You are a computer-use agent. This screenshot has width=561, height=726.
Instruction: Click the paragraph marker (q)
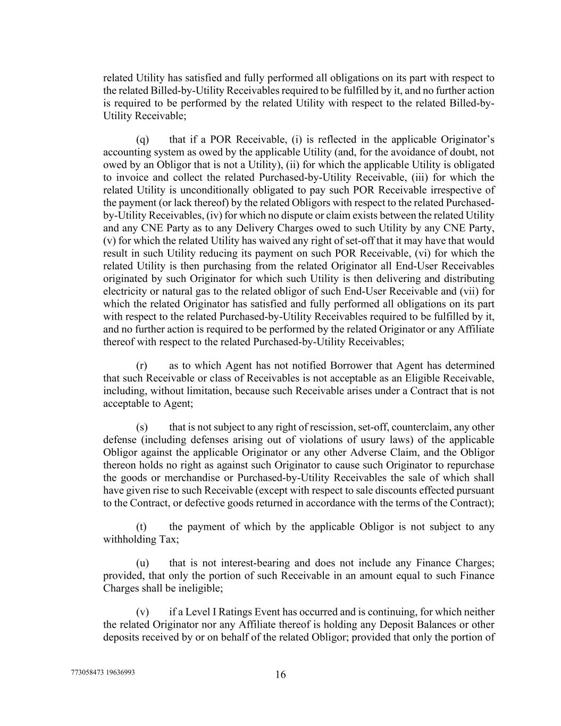click(x=142, y=140)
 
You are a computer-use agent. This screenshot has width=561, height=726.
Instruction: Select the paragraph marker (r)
click(x=141, y=365)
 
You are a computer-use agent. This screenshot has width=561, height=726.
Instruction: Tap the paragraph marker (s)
click(x=141, y=427)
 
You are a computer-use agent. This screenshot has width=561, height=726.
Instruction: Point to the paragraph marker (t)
click(x=141, y=527)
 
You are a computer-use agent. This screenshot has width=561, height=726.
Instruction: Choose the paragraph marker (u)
click(x=143, y=563)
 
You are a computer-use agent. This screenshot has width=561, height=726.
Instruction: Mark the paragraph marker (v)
click(x=143, y=612)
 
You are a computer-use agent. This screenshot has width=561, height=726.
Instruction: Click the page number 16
click(x=281, y=675)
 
